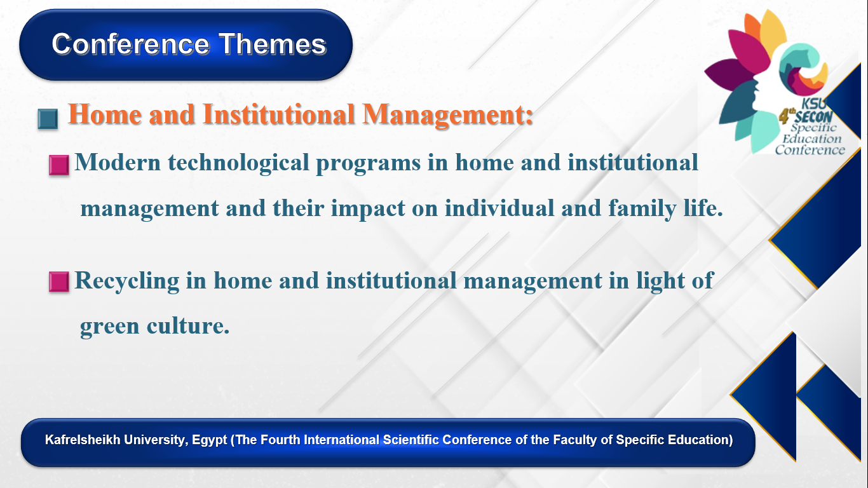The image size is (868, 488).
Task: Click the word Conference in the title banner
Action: click(x=131, y=44)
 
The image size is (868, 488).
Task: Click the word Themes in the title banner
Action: click(x=273, y=44)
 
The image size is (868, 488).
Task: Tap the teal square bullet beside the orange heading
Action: click(x=48, y=119)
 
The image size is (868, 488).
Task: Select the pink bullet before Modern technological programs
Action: click(x=59, y=165)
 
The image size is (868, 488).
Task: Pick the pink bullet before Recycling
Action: click(x=59, y=281)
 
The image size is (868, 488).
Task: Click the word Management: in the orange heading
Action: click(x=447, y=115)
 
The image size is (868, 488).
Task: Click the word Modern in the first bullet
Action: click(x=118, y=162)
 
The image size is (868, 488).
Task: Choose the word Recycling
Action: click(x=126, y=281)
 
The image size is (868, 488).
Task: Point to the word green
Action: click(x=109, y=327)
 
